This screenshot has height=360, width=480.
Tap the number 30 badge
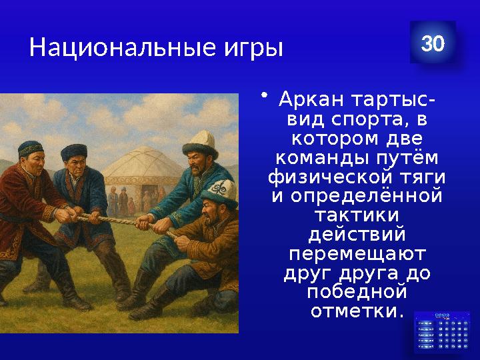click(x=433, y=43)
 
